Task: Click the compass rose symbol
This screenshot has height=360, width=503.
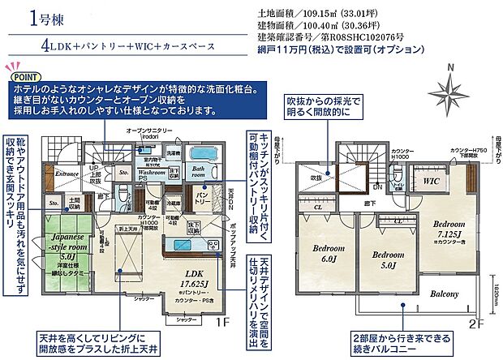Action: click(x=446, y=87)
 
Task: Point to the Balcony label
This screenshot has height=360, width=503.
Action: click(x=445, y=294)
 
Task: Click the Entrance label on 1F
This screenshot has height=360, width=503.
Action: click(x=67, y=174)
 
